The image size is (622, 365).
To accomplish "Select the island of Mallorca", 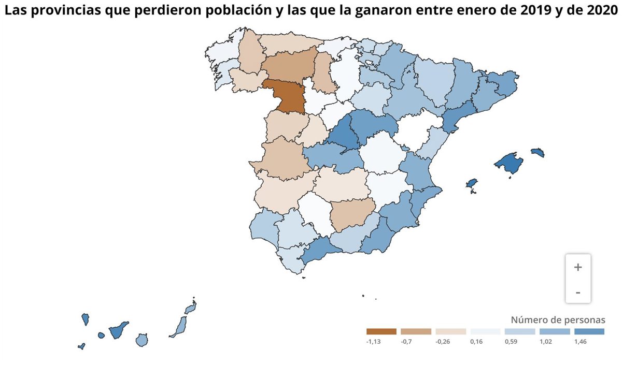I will (507, 164).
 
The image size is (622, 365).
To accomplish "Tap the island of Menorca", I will (538, 152).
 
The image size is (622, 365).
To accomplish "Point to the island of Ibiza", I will (471, 184).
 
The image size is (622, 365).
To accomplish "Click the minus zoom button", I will (578, 293).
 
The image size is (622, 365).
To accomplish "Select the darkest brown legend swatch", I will (381, 331).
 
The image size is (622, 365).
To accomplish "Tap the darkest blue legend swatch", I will (589, 331).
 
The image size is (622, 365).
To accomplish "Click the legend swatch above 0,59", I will (520, 331).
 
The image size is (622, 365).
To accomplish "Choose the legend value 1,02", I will (546, 342).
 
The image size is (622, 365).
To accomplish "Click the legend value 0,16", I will (477, 342).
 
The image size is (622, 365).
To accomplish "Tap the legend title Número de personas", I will (558, 319).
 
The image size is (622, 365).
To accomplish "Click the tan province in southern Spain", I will (352, 215).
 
